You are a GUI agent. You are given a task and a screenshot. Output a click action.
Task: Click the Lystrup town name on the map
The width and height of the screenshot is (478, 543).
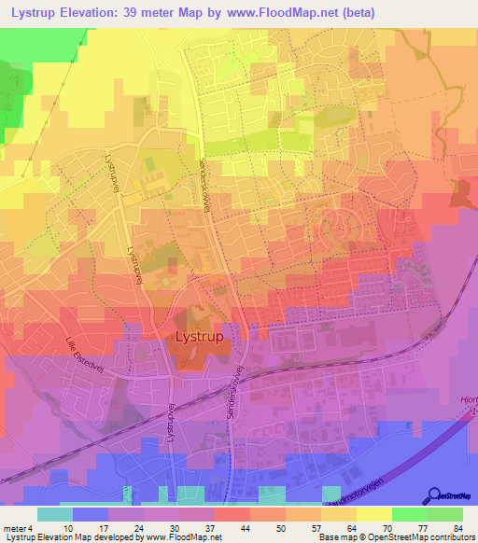[199, 337]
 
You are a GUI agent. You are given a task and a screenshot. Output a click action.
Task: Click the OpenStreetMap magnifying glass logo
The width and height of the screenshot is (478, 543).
[436, 497]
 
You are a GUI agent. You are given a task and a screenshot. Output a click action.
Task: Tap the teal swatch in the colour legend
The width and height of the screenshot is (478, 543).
[54, 514]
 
